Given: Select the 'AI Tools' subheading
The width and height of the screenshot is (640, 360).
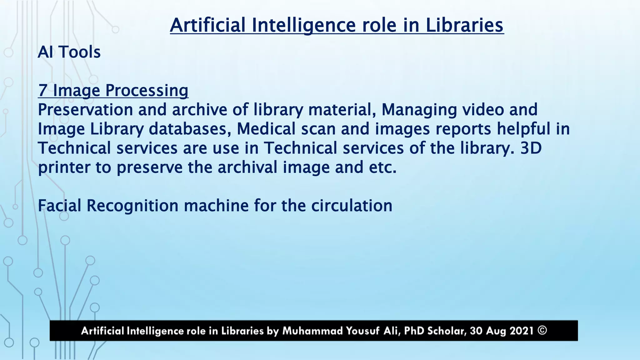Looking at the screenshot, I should pyautogui.click(x=69, y=52).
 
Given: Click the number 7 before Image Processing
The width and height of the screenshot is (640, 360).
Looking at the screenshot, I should pyautogui.click(x=42, y=90).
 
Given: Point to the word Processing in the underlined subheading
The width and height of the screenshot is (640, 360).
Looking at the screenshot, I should pyautogui.click(x=147, y=90).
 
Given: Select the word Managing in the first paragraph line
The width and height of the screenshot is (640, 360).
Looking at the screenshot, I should pyautogui.click(x=419, y=110).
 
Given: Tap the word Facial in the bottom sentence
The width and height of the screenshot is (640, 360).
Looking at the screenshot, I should pyautogui.click(x=59, y=206).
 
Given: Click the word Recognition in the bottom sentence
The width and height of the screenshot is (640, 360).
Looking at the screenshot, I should pyautogui.click(x=132, y=206).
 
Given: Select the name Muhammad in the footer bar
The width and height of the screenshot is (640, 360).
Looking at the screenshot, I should pyautogui.click(x=312, y=331).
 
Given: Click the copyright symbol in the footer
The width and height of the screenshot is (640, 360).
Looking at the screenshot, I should pyautogui.click(x=542, y=330).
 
